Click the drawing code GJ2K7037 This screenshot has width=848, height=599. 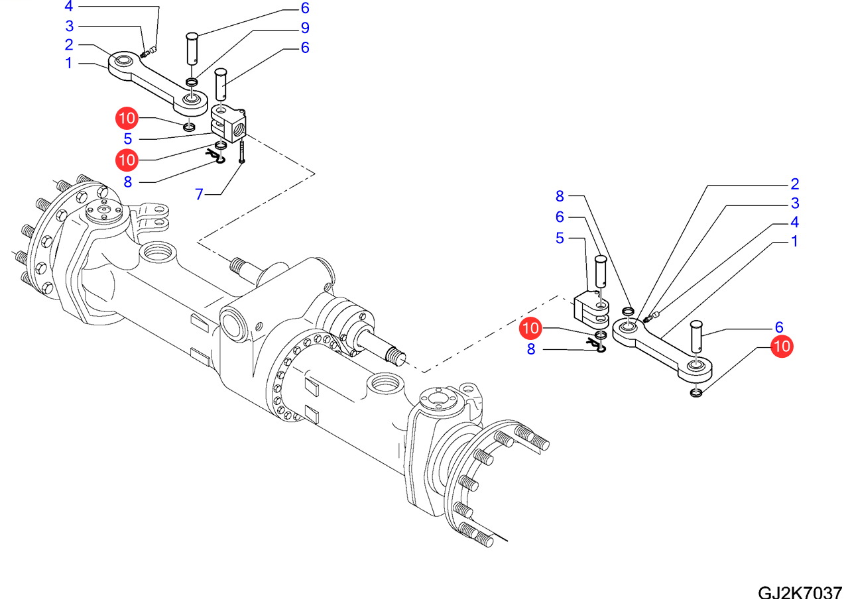tap(800, 590)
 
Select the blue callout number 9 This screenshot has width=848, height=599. tap(304, 28)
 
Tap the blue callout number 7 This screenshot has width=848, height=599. tap(199, 194)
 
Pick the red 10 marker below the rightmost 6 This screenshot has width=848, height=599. tap(782, 346)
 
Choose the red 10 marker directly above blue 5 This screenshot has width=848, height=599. tap(127, 119)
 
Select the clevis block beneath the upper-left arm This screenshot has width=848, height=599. tap(227, 123)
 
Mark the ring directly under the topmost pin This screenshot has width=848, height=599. tap(191, 82)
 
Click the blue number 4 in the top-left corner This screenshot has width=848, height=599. tap(69, 7)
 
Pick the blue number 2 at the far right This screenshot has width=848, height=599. tap(794, 184)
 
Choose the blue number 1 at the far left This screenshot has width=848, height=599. tap(68, 64)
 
